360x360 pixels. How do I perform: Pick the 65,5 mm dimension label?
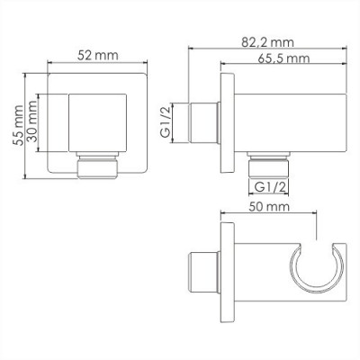pyautogui.click(x=278, y=58)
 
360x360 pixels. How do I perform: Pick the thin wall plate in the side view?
pyautogui.click(x=225, y=118)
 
